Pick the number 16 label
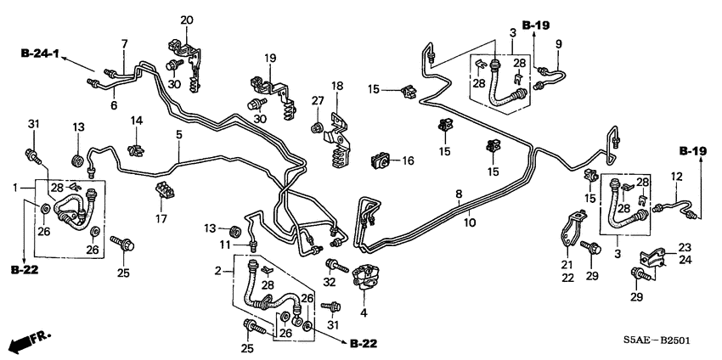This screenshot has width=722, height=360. coord(407,160)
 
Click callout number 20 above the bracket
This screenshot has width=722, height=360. coord(187,20)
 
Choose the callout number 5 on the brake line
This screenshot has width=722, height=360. coord(178,134)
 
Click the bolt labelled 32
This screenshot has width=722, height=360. coord(333,262)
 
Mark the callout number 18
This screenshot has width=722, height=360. coord(337,86)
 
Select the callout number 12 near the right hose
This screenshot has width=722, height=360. coord(678,176)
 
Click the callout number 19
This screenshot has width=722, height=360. coord(270,58)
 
